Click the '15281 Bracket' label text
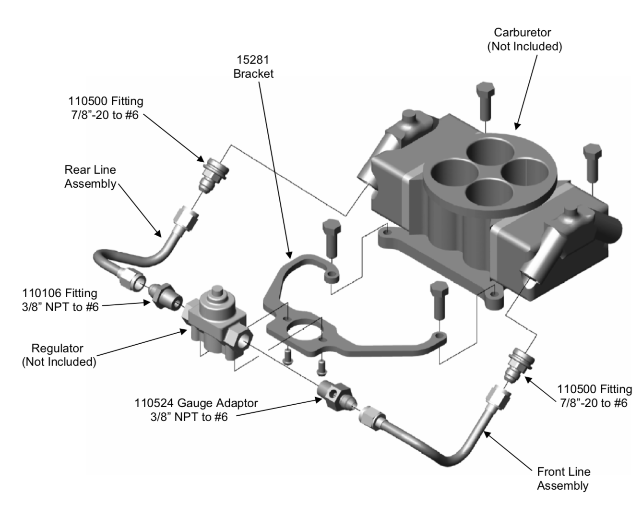[253, 67]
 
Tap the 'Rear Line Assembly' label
[90, 177]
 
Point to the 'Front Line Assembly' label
[563, 478]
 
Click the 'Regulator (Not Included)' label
[59, 355]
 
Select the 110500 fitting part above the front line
[516, 364]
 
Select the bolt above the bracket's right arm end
[439, 300]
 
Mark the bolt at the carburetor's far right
[592, 160]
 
